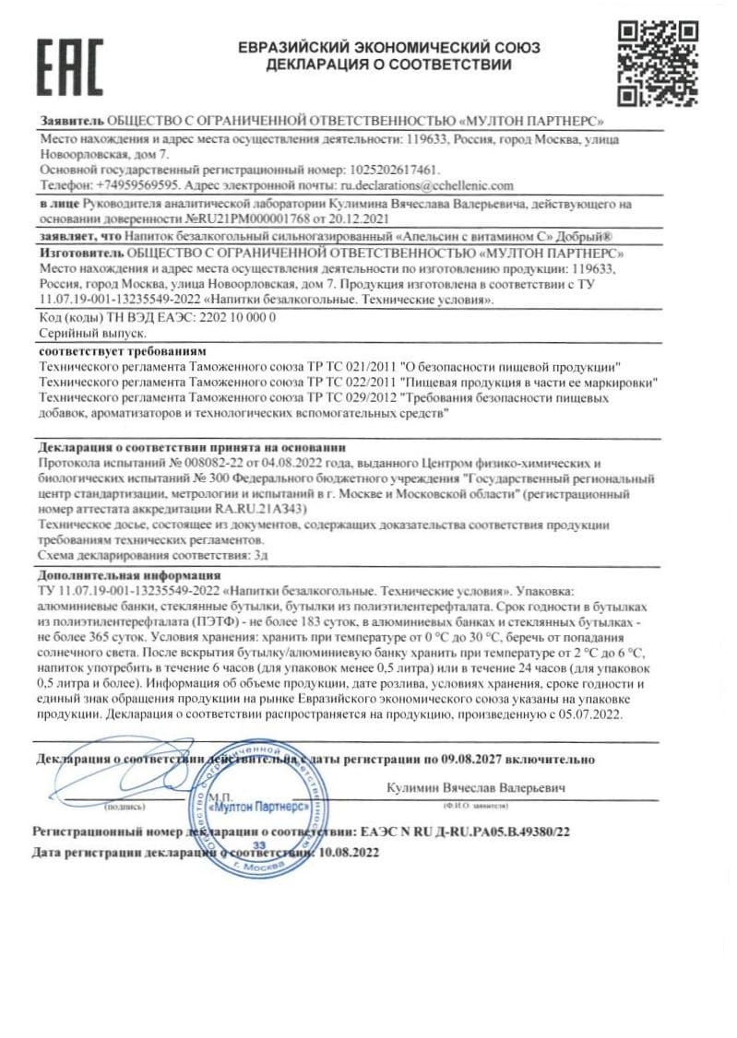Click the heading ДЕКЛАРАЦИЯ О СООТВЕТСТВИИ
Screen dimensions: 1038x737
tap(387, 65)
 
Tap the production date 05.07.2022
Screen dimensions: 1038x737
tap(591, 714)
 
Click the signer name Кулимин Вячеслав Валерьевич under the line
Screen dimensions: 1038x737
tap(477, 789)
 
